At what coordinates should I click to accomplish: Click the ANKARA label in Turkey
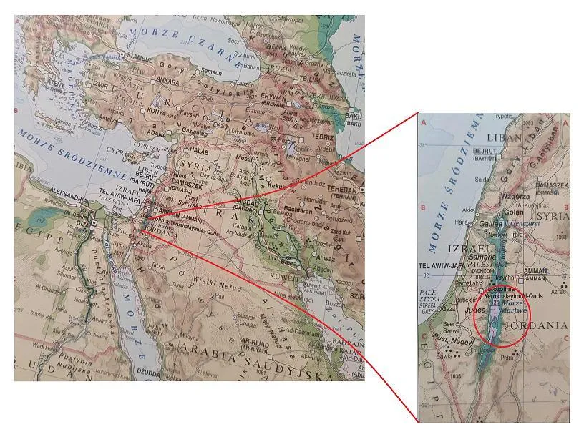coord(169,82)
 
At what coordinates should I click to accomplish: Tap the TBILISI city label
coord(308,79)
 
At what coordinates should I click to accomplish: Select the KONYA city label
coord(156,113)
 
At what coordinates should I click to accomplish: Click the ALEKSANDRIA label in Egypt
coord(73,193)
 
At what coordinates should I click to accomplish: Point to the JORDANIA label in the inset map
coord(535,325)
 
